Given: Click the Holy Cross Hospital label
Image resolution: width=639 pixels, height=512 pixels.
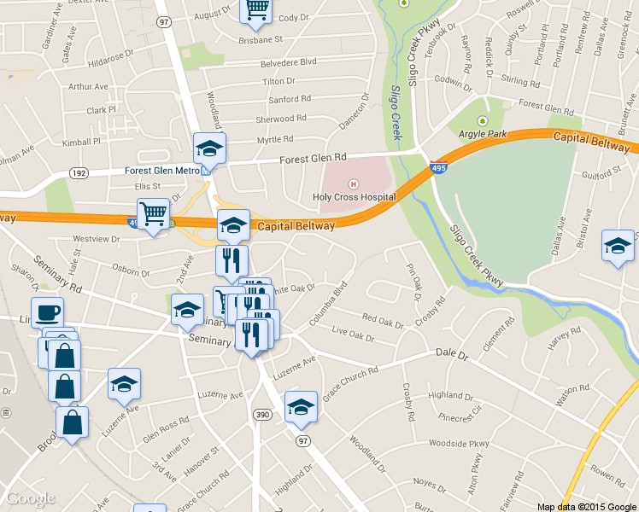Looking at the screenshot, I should (x=354, y=197).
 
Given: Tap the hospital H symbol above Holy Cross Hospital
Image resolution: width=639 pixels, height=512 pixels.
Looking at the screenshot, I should (x=353, y=184).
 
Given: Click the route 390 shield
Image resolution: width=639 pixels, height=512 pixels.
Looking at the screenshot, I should (x=261, y=415).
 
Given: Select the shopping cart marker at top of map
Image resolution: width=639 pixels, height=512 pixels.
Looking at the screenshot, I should (x=257, y=9).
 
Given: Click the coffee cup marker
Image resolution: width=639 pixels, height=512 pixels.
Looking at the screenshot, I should (x=47, y=312).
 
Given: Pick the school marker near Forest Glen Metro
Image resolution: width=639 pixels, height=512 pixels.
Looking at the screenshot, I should (x=209, y=149).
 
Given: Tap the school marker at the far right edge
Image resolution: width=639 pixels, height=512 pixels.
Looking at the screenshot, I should (x=618, y=247).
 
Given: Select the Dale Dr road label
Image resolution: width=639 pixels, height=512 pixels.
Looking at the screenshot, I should (x=452, y=352).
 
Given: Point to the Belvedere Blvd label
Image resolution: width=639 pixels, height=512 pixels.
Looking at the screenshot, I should (x=289, y=62).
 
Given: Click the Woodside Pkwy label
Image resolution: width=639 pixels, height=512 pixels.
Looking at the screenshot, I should (x=459, y=444).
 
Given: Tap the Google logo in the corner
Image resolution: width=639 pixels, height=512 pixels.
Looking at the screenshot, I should (x=30, y=498).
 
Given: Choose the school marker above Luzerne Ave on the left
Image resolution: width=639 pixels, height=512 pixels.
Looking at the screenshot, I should (x=124, y=385).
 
